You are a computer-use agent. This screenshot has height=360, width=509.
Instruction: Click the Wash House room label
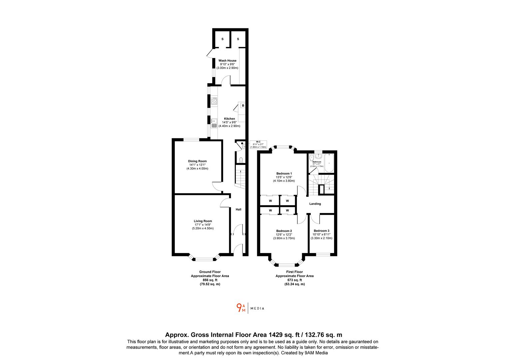pos(227,61)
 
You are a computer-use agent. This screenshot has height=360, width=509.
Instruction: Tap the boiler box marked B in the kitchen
pos(243,106)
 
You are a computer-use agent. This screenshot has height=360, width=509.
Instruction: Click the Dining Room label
pos(198,161)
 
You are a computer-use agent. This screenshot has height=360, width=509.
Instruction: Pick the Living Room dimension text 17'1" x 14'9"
pos(203,225)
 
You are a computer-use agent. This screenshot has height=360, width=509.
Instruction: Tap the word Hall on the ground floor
pos(239,209)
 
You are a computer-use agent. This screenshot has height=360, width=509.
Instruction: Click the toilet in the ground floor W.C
pos(241,160)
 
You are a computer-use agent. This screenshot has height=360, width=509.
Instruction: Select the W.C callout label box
pos(258,144)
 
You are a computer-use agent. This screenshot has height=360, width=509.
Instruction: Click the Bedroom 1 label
pos(284,174)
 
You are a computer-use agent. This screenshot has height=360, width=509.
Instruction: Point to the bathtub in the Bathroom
pos(329,163)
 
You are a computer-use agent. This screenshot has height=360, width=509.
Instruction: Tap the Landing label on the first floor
pos(315,204)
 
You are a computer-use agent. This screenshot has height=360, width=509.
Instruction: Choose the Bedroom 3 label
pos(321,231)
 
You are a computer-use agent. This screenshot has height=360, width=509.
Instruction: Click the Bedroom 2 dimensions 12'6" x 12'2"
pos(284,235)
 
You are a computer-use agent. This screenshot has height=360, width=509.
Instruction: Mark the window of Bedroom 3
pos(322,255)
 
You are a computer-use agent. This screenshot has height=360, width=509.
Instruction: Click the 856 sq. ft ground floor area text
pos(210,280)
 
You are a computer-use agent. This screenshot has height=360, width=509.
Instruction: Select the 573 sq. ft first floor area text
pos(294,280)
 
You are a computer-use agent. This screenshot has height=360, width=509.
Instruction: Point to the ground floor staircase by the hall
pos(240,178)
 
